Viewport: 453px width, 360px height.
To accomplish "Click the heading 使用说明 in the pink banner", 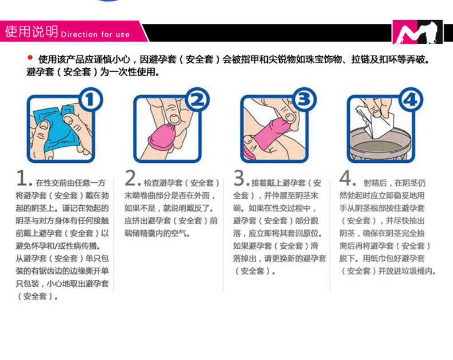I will (31, 32).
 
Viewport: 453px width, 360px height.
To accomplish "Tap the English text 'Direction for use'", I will (95, 34).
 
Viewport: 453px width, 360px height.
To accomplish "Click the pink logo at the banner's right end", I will (417, 32).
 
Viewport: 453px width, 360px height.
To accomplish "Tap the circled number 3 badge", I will (303, 101).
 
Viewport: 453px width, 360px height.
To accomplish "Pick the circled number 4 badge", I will (409, 101).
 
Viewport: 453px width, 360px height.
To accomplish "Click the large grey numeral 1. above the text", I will (23, 179).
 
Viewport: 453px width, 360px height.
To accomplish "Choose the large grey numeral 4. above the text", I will (346, 179).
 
